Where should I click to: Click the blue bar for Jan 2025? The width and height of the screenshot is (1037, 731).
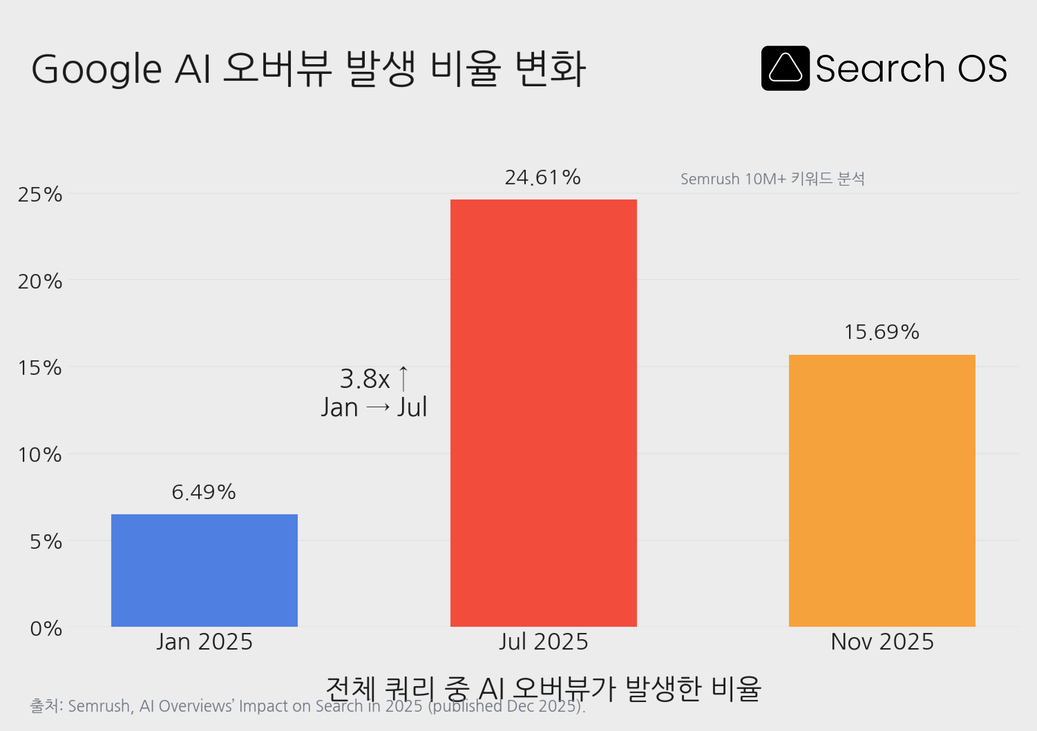click(x=204, y=570)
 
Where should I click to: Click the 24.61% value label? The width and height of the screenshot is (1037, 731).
click(x=542, y=178)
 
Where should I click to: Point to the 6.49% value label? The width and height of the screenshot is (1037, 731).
click(x=204, y=492)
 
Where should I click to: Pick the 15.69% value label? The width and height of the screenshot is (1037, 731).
click(x=881, y=332)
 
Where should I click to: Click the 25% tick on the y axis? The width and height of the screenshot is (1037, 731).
click(x=40, y=195)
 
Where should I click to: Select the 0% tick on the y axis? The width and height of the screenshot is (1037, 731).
click(x=46, y=628)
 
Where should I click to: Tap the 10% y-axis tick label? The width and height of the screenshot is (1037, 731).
click(x=40, y=455)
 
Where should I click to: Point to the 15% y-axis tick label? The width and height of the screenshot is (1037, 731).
click(x=40, y=368)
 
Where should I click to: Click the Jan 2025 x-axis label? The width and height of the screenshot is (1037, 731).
click(x=204, y=642)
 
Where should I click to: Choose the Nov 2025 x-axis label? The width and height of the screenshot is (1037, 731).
click(x=882, y=642)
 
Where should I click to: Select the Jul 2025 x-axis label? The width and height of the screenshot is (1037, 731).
click(x=543, y=642)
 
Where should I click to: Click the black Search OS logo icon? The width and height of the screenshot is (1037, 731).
click(x=785, y=68)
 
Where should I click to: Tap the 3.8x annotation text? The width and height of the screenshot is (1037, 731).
click(x=365, y=379)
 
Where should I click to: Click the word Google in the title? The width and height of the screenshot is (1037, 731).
click(x=96, y=69)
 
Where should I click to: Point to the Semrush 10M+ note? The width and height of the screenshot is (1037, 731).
click(x=772, y=179)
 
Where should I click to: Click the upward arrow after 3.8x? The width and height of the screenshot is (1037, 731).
click(x=403, y=378)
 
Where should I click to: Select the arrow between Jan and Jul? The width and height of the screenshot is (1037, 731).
click(x=377, y=408)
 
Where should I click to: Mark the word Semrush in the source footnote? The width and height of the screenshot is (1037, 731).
click(x=99, y=706)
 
